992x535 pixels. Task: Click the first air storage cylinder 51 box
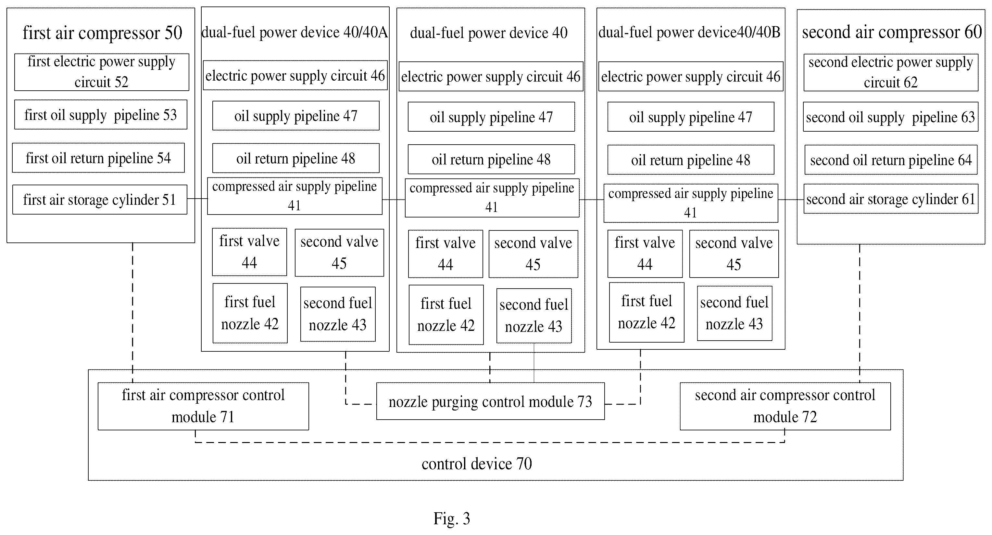[x=100, y=200]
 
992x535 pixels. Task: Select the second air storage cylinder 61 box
[x=891, y=199]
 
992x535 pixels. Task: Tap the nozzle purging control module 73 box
[x=490, y=401]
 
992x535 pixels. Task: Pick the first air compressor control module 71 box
[x=203, y=406]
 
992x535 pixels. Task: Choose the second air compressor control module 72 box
[x=785, y=406]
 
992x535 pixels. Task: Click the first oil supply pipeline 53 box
[x=101, y=115]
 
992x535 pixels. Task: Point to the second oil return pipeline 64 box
[x=891, y=160]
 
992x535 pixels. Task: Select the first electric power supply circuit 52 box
[x=102, y=72]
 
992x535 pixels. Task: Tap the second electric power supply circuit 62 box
[x=891, y=72]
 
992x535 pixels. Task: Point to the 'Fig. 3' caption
[x=452, y=518]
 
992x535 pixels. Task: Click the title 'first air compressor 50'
[x=102, y=33]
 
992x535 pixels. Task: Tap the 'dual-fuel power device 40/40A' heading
[x=295, y=33]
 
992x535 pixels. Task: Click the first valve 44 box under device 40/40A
[x=249, y=252]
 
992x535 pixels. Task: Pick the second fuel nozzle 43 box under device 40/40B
[x=735, y=313]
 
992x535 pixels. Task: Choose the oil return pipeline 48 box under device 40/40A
[x=296, y=158]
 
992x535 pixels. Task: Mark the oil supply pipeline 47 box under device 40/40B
[x=691, y=117]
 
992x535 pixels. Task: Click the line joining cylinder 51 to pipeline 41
[x=197, y=199]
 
